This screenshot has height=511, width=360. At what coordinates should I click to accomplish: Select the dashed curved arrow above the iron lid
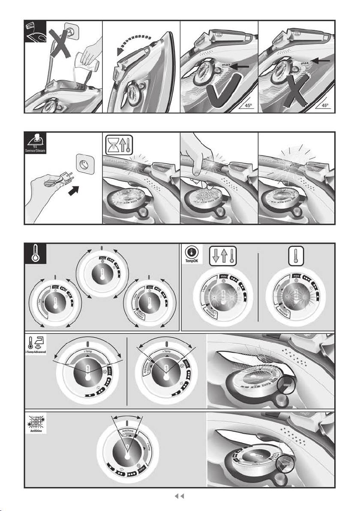coord(133,42)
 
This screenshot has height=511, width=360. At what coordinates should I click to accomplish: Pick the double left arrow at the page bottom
coord(180,496)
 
